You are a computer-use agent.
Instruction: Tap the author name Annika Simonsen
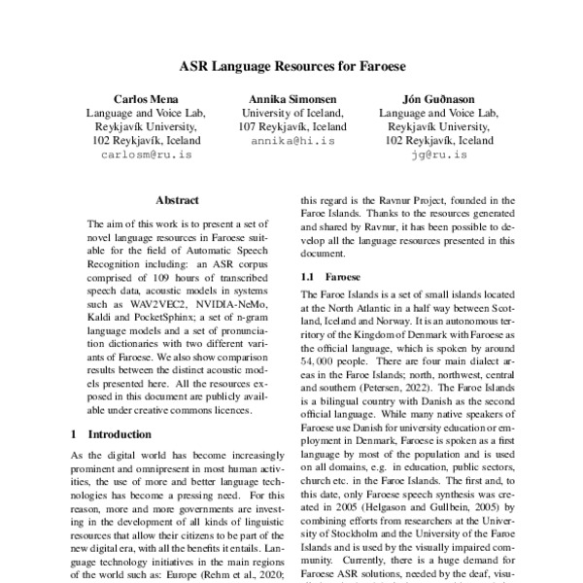[292, 99]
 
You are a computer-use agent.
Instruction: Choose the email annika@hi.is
[292, 141]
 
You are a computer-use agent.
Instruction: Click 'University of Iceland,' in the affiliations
[292, 113]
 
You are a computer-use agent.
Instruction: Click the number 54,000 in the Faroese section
[321, 345]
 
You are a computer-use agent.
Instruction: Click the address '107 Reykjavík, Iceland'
[292, 127]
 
